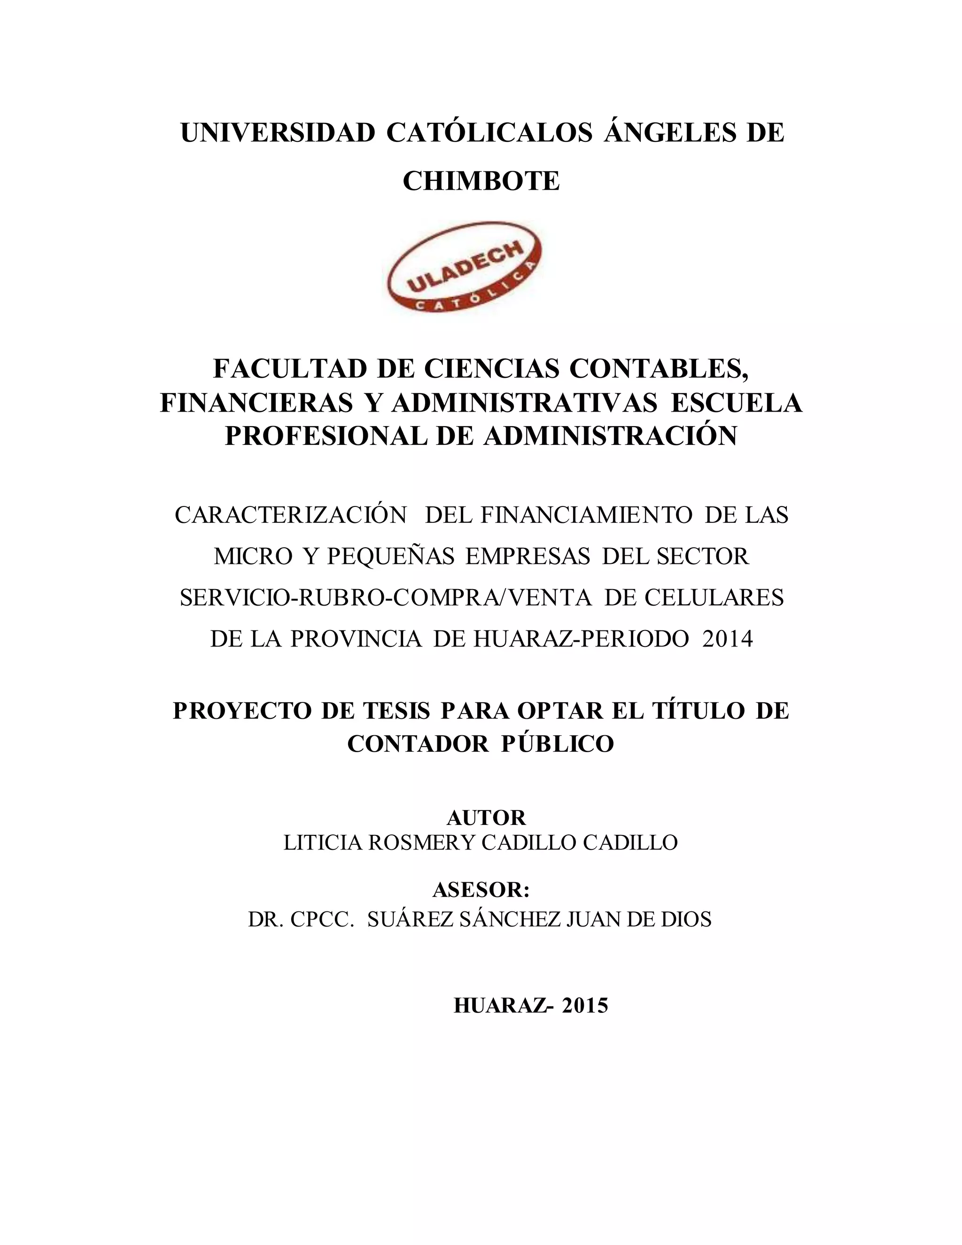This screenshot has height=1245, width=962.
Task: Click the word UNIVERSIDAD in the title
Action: click(278, 133)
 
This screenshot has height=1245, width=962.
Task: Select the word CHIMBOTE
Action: click(481, 181)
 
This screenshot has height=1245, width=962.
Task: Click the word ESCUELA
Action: click(737, 403)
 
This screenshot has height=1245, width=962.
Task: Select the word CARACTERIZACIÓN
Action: click(291, 515)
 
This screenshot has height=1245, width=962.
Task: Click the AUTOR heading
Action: click(486, 818)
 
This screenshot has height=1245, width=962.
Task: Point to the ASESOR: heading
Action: click(481, 890)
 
